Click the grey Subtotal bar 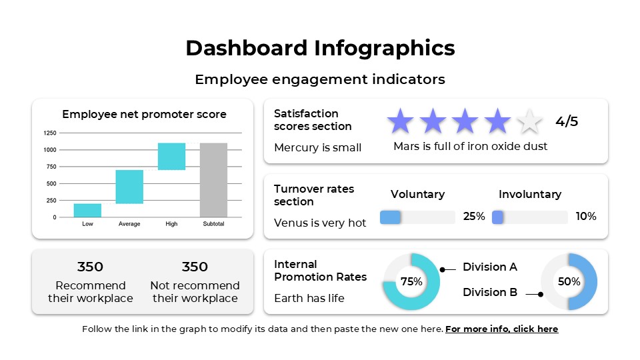[x=213, y=179]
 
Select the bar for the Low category [x=87, y=210]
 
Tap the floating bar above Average [x=129, y=187]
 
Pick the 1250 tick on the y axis [x=50, y=133]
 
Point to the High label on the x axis [x=171, y=224]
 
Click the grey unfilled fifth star [x=530, y=121]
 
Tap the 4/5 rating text [x=567, y=121]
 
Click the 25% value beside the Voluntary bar [x=474, y=217]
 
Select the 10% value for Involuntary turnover [x=586, y=217]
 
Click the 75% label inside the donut [x=411, y=282]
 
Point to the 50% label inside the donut [x=569, y=282]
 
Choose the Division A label [x=490, y=267]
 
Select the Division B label [x=490, y=292]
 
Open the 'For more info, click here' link [x=501, y=329]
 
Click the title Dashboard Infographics [x=320, y=48]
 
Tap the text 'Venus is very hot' [x=320, y=223]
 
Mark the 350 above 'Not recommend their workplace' [x=195, y=267]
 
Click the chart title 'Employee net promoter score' [x=144, y=114]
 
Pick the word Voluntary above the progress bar [x=417, y=194]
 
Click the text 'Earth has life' [x=309, y=298]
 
